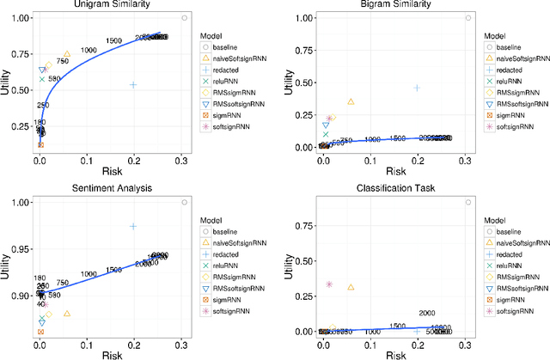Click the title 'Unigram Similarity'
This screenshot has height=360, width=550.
coord(109,5)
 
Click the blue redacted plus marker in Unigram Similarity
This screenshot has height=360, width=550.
coord(133,84)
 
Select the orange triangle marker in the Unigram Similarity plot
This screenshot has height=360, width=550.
coord(66,54)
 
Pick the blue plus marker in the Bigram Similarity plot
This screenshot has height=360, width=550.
coord(417,88)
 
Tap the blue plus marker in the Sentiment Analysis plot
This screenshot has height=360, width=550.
coord(133,226)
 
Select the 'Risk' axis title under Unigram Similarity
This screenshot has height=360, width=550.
coord(109,170)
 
